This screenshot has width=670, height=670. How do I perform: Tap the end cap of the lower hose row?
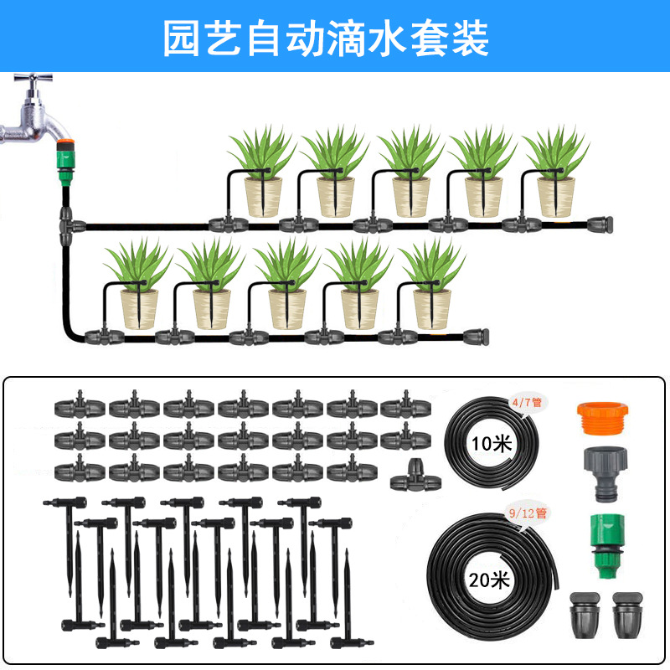coord(473,335)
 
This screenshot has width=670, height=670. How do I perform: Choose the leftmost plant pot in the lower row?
coord(139,308)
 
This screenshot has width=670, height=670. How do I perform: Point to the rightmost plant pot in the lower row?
coord(432,308)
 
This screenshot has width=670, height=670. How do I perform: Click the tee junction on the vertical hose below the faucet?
coord(66,224)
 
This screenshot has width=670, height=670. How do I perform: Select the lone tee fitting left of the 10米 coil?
coord(410,476)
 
